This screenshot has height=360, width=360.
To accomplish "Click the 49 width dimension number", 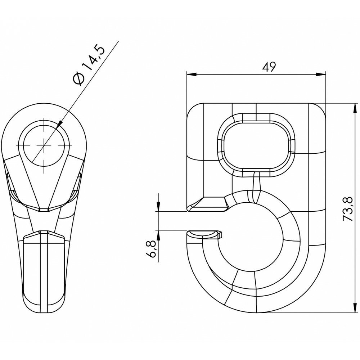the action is [x=269, y=67].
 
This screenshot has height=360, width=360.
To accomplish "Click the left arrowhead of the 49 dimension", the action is [x=192, y=74].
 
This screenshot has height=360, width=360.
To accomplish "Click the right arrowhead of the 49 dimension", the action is [x=320, y=74].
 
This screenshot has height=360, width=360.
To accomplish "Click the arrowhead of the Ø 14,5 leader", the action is [x=59, y=124].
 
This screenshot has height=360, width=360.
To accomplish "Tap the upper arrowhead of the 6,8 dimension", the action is [x=158, y=206].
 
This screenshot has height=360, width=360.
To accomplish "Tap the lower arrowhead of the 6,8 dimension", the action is [x=158, y=235].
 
